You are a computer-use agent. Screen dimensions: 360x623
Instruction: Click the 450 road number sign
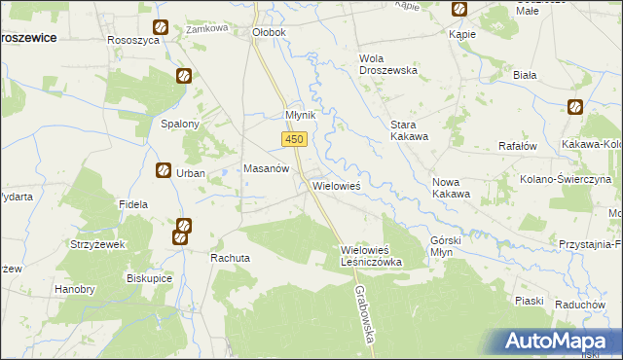pyautogui.click(x=296, y=140)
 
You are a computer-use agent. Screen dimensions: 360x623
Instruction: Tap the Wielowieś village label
pyautogui.click(x=336, y=185)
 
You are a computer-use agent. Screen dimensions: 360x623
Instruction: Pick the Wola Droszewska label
pyautogui.click(x=387, y=64)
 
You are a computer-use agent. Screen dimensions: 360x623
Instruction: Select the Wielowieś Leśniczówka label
pyautogui.click(x=371, y=256)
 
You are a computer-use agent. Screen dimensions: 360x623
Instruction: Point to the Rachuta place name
pyautogui.click(x=231, y=258)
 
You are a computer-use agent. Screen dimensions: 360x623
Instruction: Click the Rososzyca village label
pyautogui.click(x=133, y=32)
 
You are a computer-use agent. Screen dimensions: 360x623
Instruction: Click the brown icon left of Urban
pyautogui.click(x=163, y=171)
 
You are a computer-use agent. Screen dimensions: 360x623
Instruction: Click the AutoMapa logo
pyautogui.click(x=559, y=342)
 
